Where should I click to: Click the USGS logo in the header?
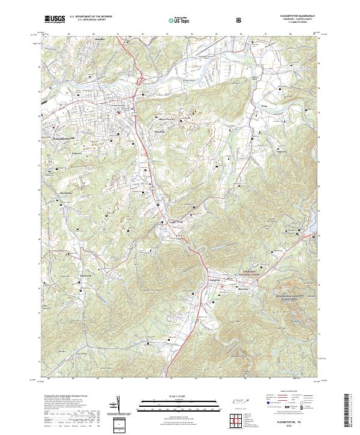click(x=55, y=19)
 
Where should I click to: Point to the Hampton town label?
click(x=214, y=280)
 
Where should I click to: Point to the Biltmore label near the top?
click(x=100, y=38)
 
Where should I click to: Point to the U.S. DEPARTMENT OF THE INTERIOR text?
click(x=90, y=17)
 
